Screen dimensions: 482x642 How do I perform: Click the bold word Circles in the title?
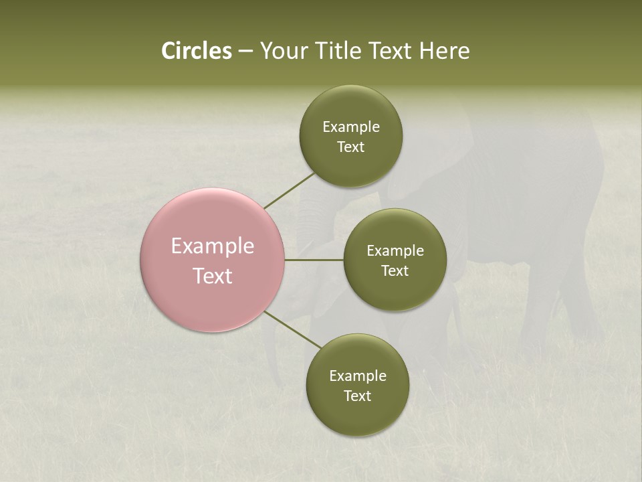(196, 51)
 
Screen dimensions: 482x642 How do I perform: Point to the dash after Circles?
(245, 52)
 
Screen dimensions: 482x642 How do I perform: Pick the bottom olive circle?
(357, 415)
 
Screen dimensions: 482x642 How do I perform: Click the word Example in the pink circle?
(213, 246)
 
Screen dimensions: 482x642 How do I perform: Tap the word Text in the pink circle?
(213, 276)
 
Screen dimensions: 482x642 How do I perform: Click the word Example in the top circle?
(351, 127)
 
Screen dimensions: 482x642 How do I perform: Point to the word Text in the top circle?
(350, 147)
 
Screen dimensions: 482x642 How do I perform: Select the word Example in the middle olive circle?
(395, 251)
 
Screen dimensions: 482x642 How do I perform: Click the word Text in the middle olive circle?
(395, 271)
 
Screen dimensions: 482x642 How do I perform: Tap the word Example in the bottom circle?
(358, 376)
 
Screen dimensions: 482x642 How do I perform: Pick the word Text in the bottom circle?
(357, 396)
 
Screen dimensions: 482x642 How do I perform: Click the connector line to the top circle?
(289, 190)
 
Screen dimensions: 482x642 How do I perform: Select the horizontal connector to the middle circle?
(314, 260)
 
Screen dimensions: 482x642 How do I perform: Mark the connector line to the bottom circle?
(293, 329)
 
